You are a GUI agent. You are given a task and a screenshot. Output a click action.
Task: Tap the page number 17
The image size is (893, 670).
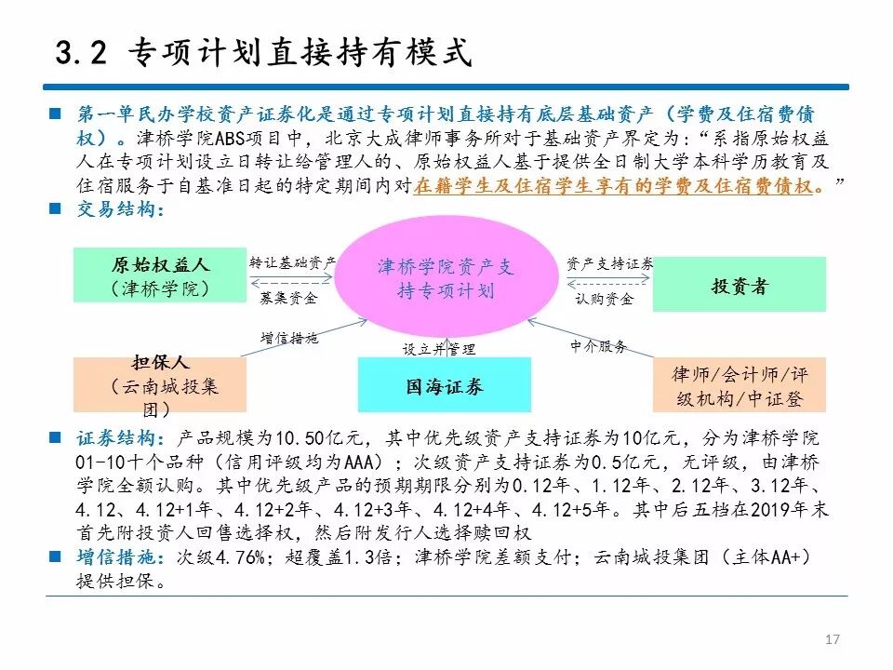click(x=833, y=639)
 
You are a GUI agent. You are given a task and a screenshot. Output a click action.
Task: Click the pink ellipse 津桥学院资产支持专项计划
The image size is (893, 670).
click(x=445, y=278)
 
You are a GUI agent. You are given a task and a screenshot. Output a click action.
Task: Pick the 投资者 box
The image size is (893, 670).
click(x=739, y=286)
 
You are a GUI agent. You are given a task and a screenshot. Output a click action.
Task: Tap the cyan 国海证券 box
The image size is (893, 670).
click(x=444, y=385)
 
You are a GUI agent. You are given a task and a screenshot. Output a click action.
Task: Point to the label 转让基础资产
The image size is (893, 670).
click(x=292, y=263)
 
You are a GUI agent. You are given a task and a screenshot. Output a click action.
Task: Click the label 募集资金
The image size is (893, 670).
click(x=288, y=299)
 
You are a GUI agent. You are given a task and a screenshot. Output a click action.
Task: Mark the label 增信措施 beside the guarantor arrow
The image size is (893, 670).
click(x=288, y=338)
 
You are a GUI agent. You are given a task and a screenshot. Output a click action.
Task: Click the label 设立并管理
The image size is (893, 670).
click(x=438, y=349)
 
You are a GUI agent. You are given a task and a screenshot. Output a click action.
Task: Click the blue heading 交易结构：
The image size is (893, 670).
click(x=120, y=209)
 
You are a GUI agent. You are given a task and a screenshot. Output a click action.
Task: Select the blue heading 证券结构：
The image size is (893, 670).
click(x=120, y=438)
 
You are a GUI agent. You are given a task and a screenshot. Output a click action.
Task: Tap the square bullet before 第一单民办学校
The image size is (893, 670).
click(x=57, y=114)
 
